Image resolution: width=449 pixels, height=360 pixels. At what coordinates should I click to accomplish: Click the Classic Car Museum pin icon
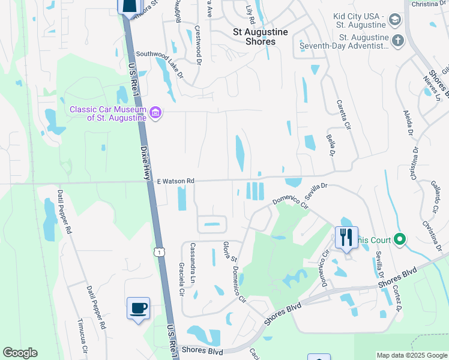[155, 113]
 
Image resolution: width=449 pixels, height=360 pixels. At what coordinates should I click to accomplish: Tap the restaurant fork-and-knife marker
[346, 238]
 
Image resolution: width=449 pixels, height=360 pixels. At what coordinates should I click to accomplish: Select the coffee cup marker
[139, 308]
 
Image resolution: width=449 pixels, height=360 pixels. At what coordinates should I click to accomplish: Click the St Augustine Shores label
[261, 37]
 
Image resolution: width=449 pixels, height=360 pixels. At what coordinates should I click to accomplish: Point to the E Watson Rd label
[176, 181]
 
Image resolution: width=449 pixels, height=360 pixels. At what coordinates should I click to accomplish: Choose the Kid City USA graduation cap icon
[395, 20]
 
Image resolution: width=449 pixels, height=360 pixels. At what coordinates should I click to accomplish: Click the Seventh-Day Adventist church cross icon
[397, 41]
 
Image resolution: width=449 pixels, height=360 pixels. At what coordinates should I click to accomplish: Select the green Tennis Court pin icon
[400, 240]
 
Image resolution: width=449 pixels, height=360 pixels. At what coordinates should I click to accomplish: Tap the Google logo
[20, 353]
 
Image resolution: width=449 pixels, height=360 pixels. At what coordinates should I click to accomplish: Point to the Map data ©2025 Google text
[411, 355]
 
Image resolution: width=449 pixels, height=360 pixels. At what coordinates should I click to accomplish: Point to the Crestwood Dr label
[197, 44]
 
